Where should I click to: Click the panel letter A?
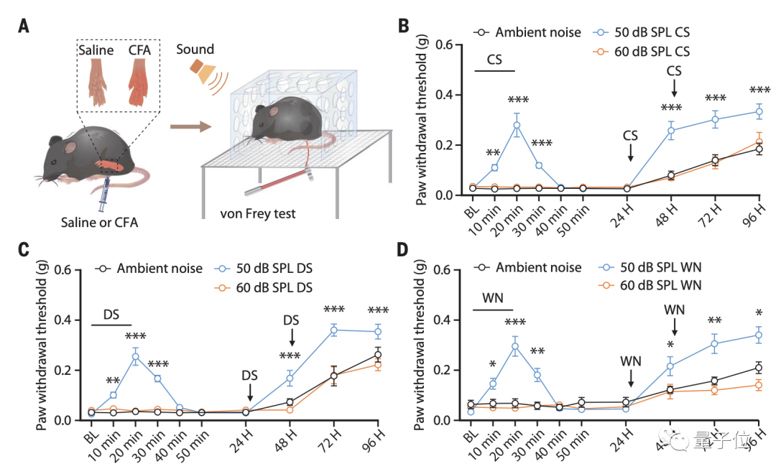(x=24, y=27)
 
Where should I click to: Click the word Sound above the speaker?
(x=195, y=49)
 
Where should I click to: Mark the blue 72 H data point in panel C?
(x=333, y=330)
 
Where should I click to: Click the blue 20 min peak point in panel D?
(x=515, y=347)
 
